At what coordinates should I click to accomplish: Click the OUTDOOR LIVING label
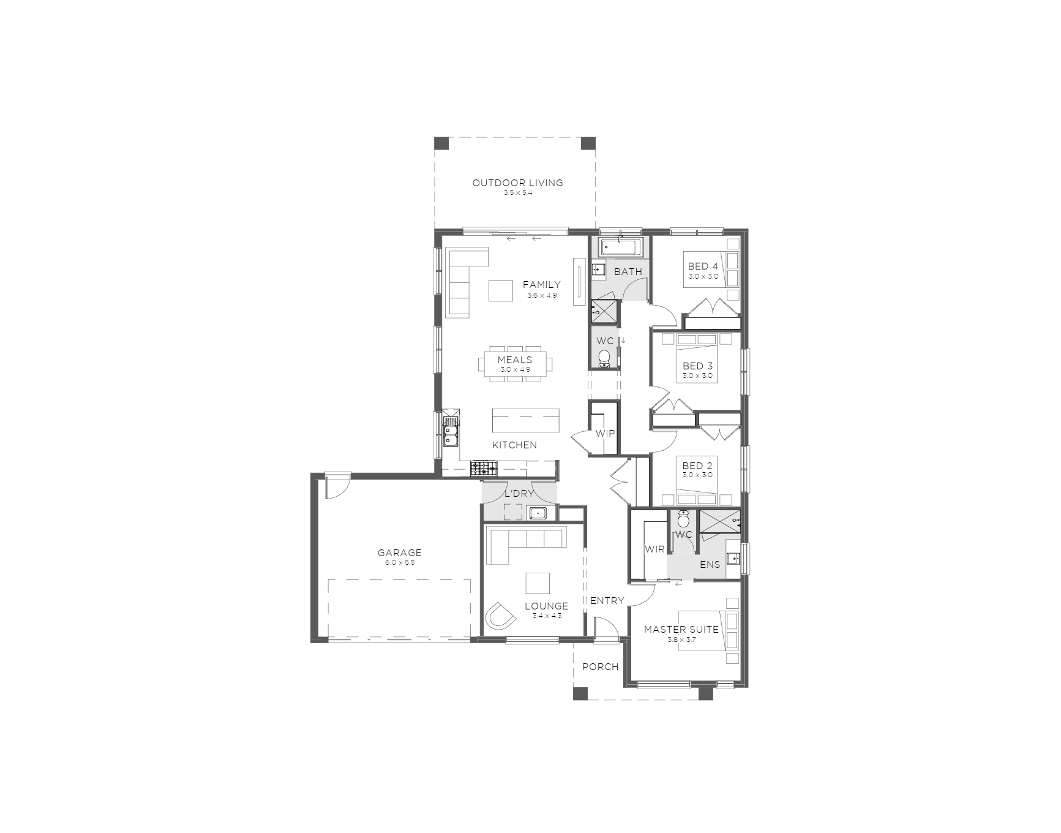tap(517, 183)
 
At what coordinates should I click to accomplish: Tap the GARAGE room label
tap(399, 552)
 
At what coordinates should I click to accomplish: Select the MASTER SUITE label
tap(681, 629)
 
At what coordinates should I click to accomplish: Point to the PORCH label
tap(600, 666)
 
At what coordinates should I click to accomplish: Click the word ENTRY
tap(607, 600)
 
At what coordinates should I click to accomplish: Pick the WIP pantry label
tap(605, 434)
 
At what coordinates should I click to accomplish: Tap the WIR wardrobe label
tap(654, 549)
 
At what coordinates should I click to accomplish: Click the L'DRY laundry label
tap(519, 493)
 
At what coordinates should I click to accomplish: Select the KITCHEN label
tap(514, 445)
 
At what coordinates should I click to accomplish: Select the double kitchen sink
tap(450, 432)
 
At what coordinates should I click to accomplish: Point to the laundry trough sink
tap(538, 513)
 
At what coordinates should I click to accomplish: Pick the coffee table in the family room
tap(500, 290)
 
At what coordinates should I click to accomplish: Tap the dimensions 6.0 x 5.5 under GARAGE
tap(400, 562)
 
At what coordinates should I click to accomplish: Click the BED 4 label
tap(703, 266)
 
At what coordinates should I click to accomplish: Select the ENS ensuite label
tap(710, 564)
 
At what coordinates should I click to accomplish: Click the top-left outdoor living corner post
tap(441, 143)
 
